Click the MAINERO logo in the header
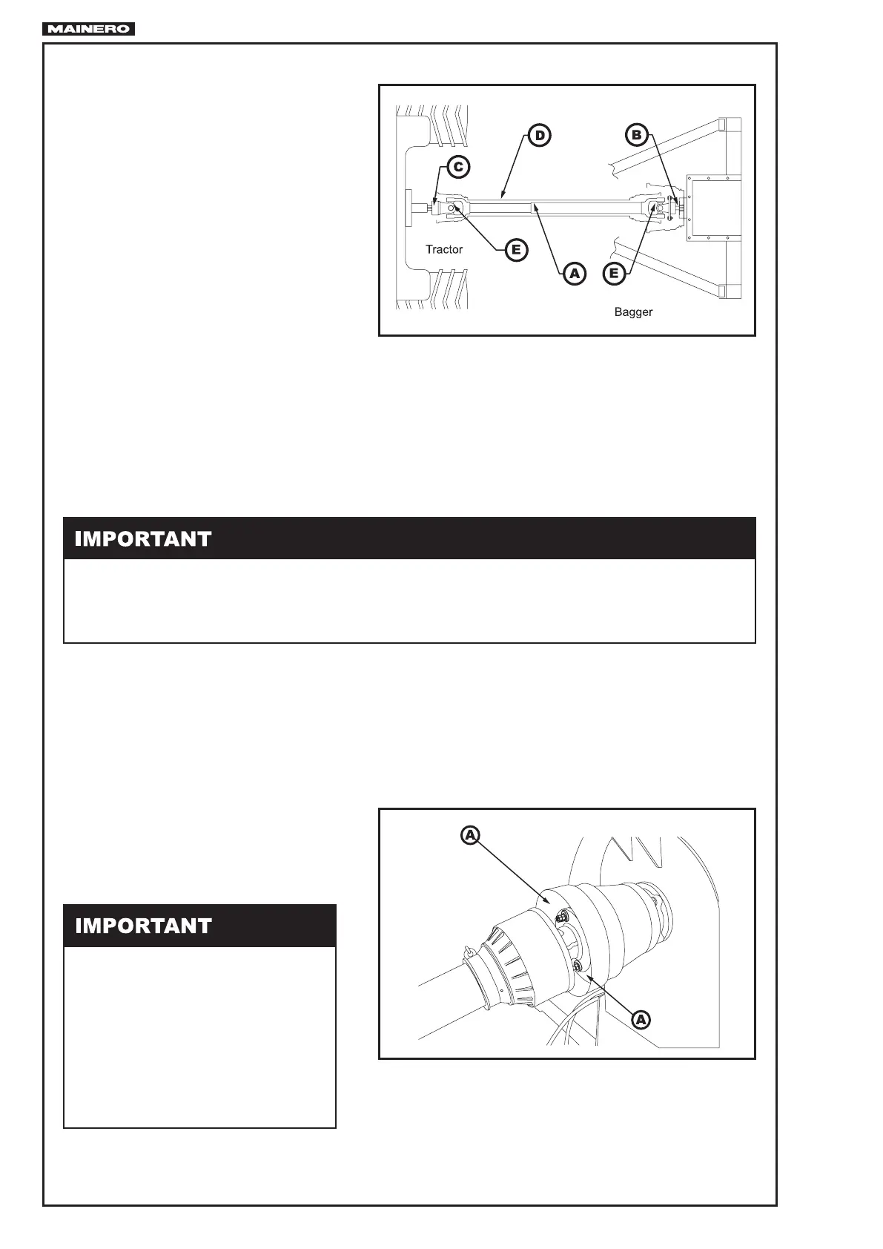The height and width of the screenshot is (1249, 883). pyautogui.click(x=89, y=29)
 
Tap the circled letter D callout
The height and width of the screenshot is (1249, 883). pyautogui.click(x=540, y=136)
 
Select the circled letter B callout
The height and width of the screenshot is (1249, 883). pyautogui.click(x=635, y=135)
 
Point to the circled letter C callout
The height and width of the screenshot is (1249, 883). pyautogui.click(x=458, y=167)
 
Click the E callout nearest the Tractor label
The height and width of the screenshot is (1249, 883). pyautogui.click(x=516, y=250)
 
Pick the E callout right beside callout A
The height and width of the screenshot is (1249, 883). pyautogui.click(x=614, y=274)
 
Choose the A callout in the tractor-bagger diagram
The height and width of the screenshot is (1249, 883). pyautogui.click(x=573, y=274)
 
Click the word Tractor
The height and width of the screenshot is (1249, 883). pyautogui.click(x=444, y=249)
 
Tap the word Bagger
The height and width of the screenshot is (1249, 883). pyautogui.click(x=633, y=312)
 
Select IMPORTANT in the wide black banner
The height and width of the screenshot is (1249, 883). pyautogui.click(x=143, y=539)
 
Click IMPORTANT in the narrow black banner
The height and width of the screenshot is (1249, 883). pyautogui.click(x=143, y=926)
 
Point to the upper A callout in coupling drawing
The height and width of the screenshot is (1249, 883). pyautogui.click(x=470, y=836)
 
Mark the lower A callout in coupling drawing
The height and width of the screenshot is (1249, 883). pyautogui.click(x=641, y=1020)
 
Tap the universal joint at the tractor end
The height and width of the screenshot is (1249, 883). pyautogui.click(x=454, y=208)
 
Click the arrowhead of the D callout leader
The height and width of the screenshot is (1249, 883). pyautogui.click(x=501, y=197)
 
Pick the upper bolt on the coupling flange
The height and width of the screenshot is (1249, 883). pyautogui.click(x=563, y=917)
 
